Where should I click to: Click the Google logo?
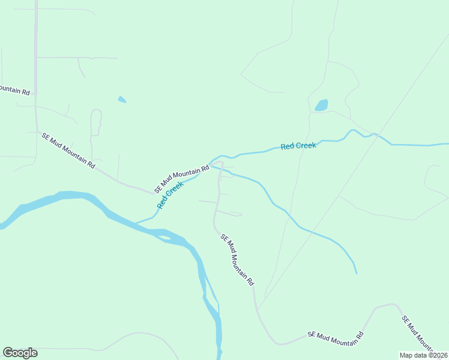tap(20, 353)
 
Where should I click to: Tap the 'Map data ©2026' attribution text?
tap(423, 355)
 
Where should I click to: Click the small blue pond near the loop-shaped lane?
tap(122, 100)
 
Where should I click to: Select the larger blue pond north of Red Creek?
tap(322, 106)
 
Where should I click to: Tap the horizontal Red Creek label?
tap(298, 146)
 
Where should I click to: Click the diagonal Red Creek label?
tap(170, 196)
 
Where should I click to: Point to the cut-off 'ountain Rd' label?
tap(14, 90)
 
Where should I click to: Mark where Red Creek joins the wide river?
tap(136, 223)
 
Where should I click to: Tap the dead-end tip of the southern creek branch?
tap(357, 274)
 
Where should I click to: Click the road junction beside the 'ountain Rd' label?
tap(35, 94)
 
